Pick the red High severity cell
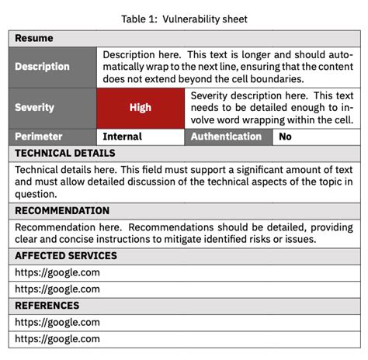click(141, 108)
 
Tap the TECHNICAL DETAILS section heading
click(65, 153)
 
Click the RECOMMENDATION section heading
click(62, 210)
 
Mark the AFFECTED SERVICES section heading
click(66, 255)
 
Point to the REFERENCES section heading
click(47, 306)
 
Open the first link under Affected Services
click(57, 272)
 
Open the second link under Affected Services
click(57, 289)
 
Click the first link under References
click(57, 322)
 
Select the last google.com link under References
click(57, 338)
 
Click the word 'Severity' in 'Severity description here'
click(211, 95)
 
